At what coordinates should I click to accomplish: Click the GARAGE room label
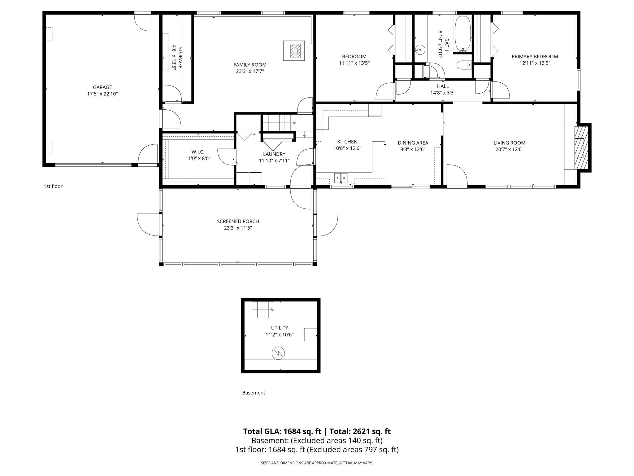tap(102, 87)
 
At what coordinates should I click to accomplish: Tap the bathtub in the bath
tap(462, 33)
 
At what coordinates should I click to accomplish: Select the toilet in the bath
tap(463, 65)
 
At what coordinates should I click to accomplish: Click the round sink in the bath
tap(420, 49)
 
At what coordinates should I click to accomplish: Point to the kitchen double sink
tap(341, 178)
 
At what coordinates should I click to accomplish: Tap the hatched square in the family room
tap(295, 51)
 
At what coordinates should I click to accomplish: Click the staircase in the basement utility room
tap(263, 310)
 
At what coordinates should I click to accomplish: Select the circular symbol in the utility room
tap(278, 353)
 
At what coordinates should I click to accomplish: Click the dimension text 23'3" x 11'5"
tap(238, 228)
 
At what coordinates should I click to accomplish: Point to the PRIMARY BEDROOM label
tap(535, 56)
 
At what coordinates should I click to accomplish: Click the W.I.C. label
tap(198, 152)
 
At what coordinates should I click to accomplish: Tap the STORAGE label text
tap(180, 58)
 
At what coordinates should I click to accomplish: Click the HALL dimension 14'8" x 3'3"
tap(443, 93)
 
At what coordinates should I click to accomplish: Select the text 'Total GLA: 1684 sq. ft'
tap(282, 431)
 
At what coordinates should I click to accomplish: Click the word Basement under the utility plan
tap(254, 393)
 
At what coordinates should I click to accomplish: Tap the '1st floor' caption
tap(53, 186)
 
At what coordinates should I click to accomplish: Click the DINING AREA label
tap(413, 143)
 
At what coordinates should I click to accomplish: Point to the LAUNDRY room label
tap(274, 154)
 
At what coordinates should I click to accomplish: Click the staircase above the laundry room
tap(279, 123)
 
